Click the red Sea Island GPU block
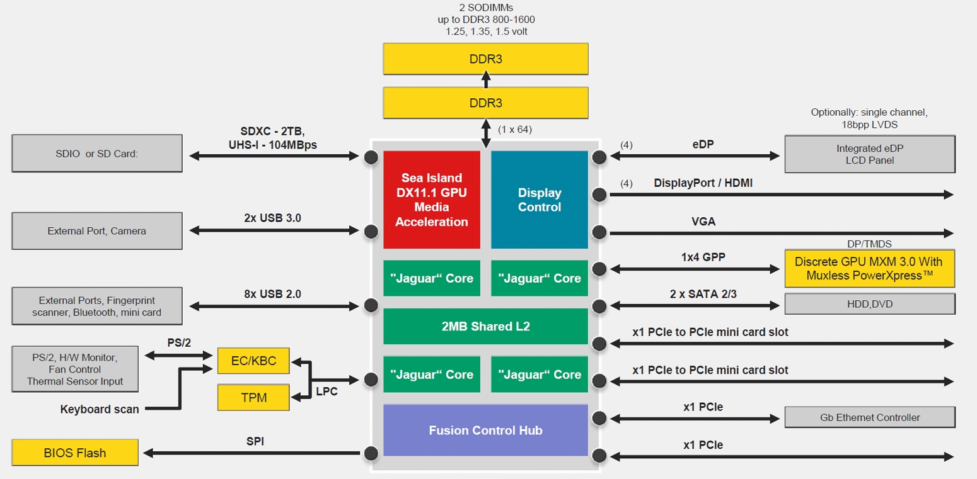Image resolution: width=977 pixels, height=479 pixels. [432, 200]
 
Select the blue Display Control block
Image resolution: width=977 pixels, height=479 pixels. [540, 200]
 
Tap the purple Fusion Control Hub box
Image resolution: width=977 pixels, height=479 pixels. [485, 431]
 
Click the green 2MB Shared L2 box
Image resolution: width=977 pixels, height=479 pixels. [485, 326]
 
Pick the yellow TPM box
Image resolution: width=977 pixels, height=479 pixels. [254, 397]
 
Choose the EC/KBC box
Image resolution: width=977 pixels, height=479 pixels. [254, 361]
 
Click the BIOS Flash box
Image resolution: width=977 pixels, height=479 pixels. [75, 453]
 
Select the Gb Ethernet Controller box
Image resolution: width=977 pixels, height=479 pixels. [870, 417]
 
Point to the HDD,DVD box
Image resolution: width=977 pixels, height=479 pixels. [870, 304]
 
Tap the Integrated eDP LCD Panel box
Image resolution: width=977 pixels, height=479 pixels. [870, 154]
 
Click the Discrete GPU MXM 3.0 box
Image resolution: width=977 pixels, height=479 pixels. [870, 268]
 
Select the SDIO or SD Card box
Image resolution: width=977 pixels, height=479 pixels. [97, 154]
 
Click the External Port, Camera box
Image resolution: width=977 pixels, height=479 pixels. [97, 231]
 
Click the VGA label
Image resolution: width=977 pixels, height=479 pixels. [703, 222]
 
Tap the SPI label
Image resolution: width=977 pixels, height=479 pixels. [255, 441]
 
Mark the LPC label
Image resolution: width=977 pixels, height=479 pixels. [327, 392]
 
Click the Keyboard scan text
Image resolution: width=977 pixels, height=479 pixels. [100, 409]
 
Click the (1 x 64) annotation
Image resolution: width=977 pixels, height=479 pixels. [515, 129]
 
